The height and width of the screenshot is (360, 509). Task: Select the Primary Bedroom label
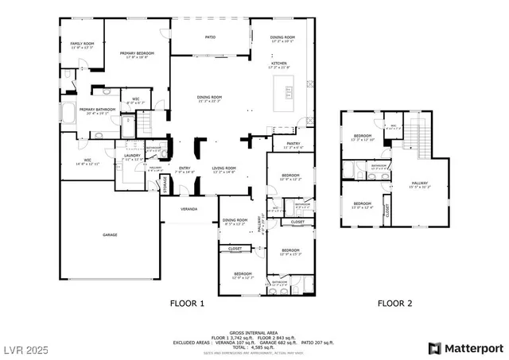click(137, 54)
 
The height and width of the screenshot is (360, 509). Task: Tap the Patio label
click(211, 37)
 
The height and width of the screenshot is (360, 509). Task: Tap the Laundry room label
click(132, 157)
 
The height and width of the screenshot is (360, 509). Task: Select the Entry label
click(185, 168)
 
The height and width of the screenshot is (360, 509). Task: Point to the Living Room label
click(223, 168)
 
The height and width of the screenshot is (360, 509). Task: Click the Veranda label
click(188, 209)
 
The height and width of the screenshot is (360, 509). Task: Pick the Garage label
click(110, 235)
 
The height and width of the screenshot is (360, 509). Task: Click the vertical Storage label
click(165, 184)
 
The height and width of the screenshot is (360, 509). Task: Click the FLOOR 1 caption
click(188, 303)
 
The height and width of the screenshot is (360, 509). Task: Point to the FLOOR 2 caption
click(394, 303)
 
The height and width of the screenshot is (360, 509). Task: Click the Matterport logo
click(466, 348)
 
